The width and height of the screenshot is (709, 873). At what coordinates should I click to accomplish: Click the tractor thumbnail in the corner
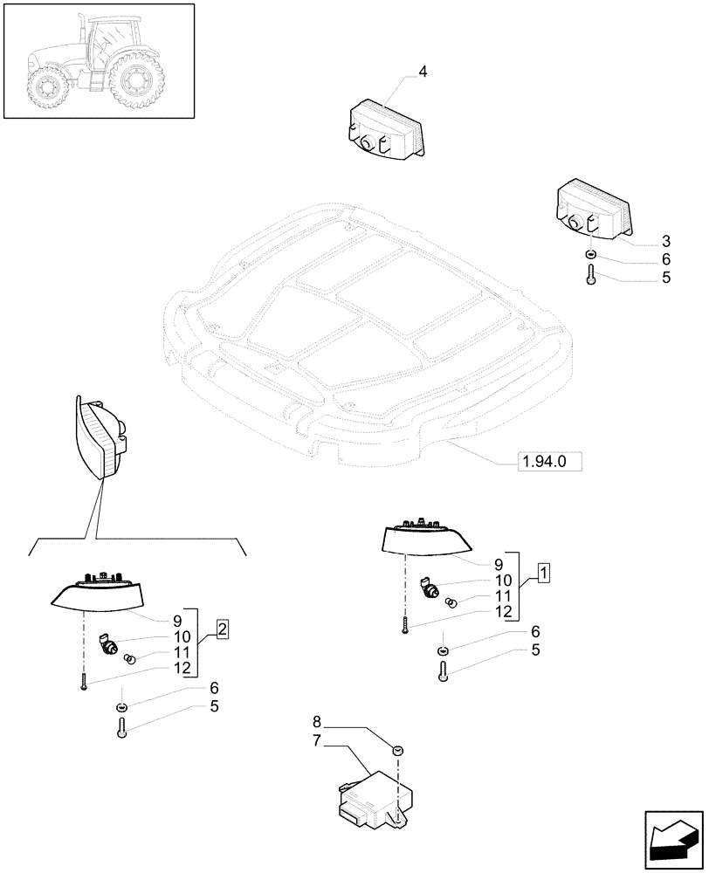99,60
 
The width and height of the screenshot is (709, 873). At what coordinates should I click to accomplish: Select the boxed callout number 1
543,574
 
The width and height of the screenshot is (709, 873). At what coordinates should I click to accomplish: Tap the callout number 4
423,72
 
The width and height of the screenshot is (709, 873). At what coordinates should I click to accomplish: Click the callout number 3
665,240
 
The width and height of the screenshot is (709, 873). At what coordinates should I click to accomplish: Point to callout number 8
317,722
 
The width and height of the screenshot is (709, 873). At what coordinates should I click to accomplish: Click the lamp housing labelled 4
385,130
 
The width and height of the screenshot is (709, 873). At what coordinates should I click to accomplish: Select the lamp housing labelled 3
592,211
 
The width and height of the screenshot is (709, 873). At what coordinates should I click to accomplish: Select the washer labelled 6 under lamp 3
591,256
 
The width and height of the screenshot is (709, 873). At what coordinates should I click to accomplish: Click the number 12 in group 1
504,613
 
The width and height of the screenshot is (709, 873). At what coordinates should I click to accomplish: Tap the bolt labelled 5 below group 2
121,726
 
